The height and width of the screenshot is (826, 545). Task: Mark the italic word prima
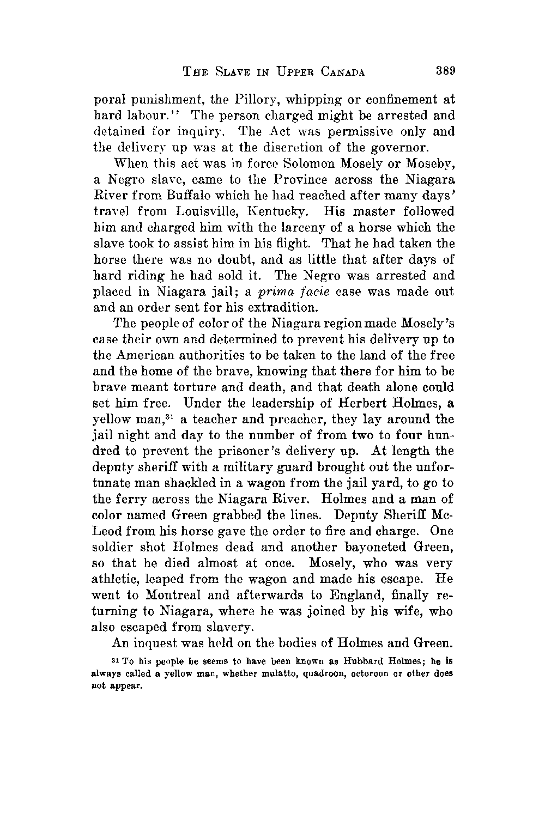point(277,291)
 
